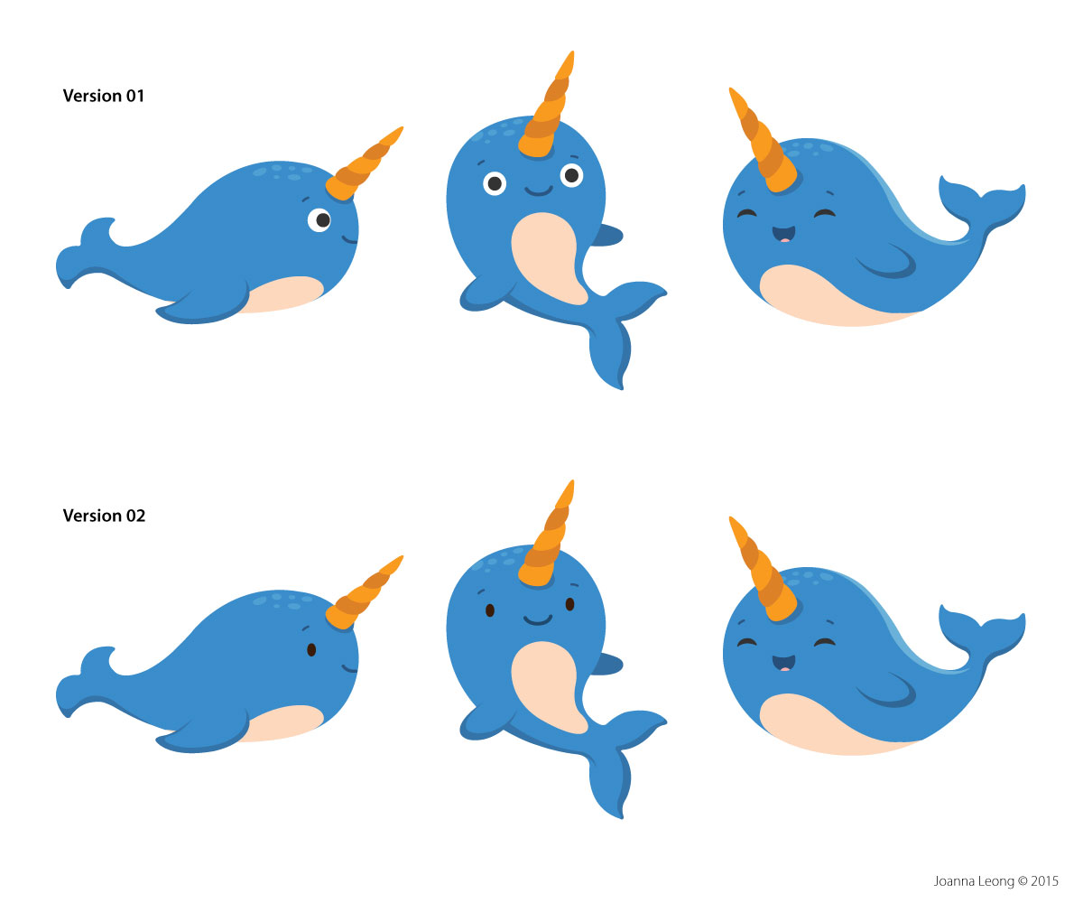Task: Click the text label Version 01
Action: point(103,96)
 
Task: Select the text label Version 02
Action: point(104,516)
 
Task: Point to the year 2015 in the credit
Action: point(1044,881)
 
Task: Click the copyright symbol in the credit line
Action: point(1023,881)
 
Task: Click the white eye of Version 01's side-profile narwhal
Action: point(319,220)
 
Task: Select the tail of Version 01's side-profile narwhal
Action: point(86,252)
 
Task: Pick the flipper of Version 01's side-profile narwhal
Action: point(202,306)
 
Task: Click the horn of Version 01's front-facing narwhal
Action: point(547,107)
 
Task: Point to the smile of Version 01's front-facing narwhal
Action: point(538,191)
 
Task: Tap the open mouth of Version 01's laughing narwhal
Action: point(783,234)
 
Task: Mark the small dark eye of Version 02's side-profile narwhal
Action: point(311,650)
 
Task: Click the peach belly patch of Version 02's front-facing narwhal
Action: point(546,686)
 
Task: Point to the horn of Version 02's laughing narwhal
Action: point(763,568)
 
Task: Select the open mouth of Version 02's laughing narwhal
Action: point(783,663)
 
